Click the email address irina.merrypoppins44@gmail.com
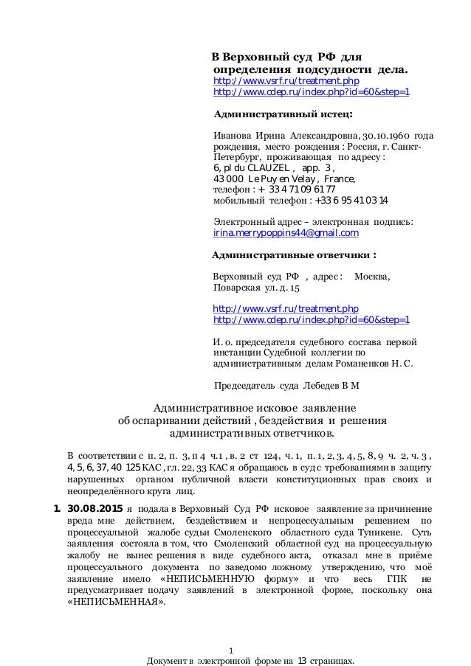285,233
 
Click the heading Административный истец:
283,114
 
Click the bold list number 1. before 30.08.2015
56,509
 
